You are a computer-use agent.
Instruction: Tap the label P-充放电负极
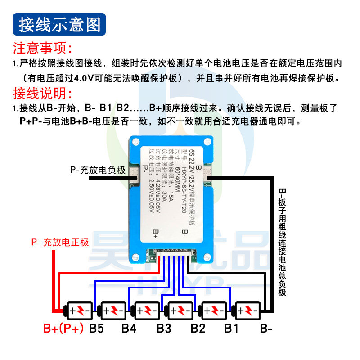[98, 170]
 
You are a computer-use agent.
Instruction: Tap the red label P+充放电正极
[60, 242]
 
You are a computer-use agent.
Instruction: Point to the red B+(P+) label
[64, 328]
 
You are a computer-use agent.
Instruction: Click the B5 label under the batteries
[96, 328]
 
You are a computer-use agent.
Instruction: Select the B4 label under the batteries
[129, 328]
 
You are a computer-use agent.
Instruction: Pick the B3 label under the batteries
[164, 328]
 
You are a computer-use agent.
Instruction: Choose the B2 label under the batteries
[198, 328]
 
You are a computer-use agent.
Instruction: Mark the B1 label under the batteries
[231, 328]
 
